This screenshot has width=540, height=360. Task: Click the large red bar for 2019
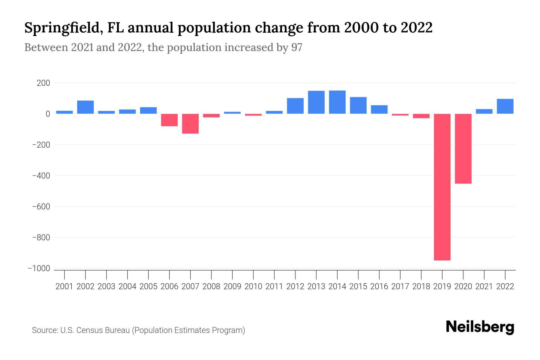coord(442,187)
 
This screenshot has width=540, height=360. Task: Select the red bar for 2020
coord(463,148)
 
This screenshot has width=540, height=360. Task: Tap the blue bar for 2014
coord(337,102)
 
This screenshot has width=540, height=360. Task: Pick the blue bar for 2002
coord(85,107)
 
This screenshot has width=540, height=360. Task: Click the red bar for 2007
coord(190,124)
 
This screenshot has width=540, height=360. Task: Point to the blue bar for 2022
coord(505,106)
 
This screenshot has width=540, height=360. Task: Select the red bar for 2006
coord(169,120)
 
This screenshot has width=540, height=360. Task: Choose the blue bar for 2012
coord(295,106)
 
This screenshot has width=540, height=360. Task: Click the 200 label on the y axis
coord(43,83)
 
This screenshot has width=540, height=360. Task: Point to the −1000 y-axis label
coord(39,268)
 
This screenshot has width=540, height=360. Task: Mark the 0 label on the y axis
coord(48,114)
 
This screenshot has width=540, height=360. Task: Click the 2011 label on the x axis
coord(274,286)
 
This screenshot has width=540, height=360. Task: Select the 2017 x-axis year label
coord(400,286)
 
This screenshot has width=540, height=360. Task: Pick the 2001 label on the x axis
coord(64,286)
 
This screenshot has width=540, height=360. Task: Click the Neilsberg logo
coord(480,327)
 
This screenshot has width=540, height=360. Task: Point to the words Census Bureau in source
coord(103,330)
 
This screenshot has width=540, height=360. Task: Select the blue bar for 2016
coord(379,109)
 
